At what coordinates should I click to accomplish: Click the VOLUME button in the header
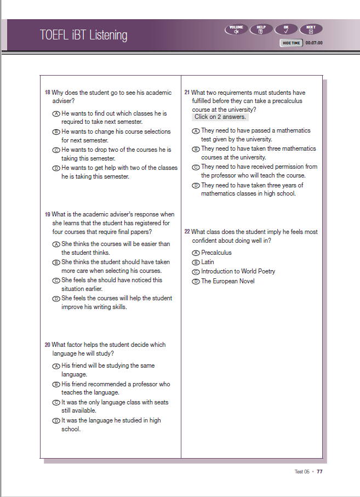point(236,29)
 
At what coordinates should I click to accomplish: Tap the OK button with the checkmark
point(286,29)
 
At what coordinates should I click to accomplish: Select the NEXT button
point(311,29)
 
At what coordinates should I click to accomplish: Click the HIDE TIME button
point(291,43)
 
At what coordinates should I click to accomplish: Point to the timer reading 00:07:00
point(314,43)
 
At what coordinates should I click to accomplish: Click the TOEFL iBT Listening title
point(83,35)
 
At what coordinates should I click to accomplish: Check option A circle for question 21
point(196,131)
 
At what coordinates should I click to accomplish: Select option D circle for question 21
point(196,185)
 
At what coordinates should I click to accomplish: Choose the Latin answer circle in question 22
point(196,262)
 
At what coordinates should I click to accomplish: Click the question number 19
point(47,214)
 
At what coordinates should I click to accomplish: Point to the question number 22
point(187,232)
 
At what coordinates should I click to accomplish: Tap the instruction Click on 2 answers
point(221,117)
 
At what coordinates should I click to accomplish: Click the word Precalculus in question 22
point(216,253)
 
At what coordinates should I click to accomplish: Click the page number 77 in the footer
point(319,471)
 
